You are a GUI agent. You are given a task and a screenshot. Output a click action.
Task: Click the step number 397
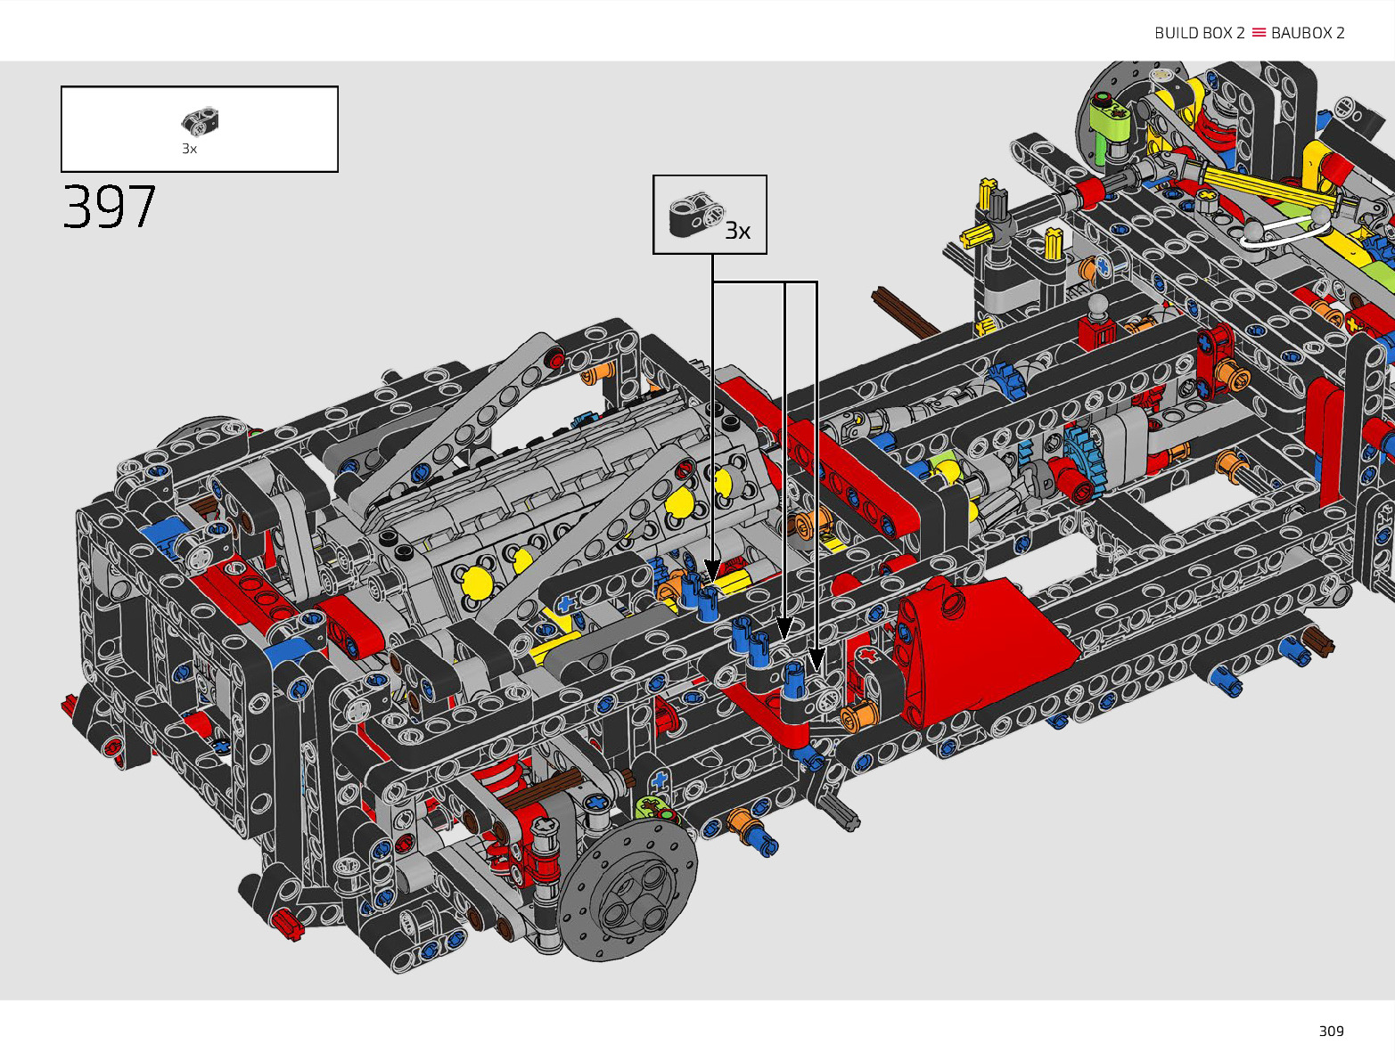pyautogui.click(x=110, y=207)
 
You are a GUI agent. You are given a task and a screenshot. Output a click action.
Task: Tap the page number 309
pyautogui.click(x=1331, y=1031)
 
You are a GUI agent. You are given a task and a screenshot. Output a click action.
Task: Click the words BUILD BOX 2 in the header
pyautogui.click(x=1199, y=33)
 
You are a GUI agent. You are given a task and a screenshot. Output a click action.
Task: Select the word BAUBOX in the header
pyautogui.click(x=1301, y=33)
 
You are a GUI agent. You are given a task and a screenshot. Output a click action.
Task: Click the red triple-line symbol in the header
pyautogui.click(x=1259, y=32)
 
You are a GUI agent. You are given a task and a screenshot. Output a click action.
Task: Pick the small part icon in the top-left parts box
pyautogui.click(x=200, y=121)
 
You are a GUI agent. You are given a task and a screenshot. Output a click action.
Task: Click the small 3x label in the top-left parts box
pyautogui.click(x=189, y=149)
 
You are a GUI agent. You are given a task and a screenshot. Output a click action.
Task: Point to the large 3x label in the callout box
pyautogui.click(x=738, y=231)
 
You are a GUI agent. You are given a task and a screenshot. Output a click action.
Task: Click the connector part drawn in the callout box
pyautogui.click(x=696, y=215)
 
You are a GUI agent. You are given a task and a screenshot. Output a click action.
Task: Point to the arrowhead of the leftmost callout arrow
pyautogui.click(x=712, y=569)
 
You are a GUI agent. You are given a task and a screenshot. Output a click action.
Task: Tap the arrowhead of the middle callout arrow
pyautogui.click(x=785, y=628)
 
